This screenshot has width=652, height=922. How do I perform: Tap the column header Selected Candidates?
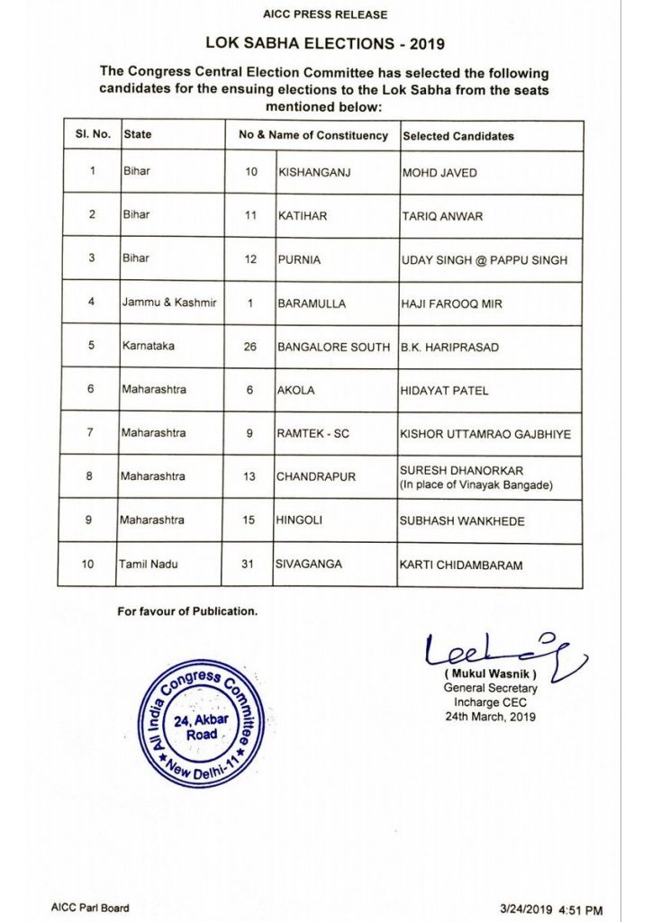[457, 136]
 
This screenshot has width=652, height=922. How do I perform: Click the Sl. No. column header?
[92, 134]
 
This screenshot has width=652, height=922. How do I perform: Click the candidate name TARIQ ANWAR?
[441, 216]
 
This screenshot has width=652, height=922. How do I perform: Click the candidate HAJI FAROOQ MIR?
[451, 304]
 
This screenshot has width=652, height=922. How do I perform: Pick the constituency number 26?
[251, 347]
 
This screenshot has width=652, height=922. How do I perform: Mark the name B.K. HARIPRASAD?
[450, 348]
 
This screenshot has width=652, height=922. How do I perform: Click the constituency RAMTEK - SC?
[313, 434]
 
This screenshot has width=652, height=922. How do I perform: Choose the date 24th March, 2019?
[489, 717]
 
